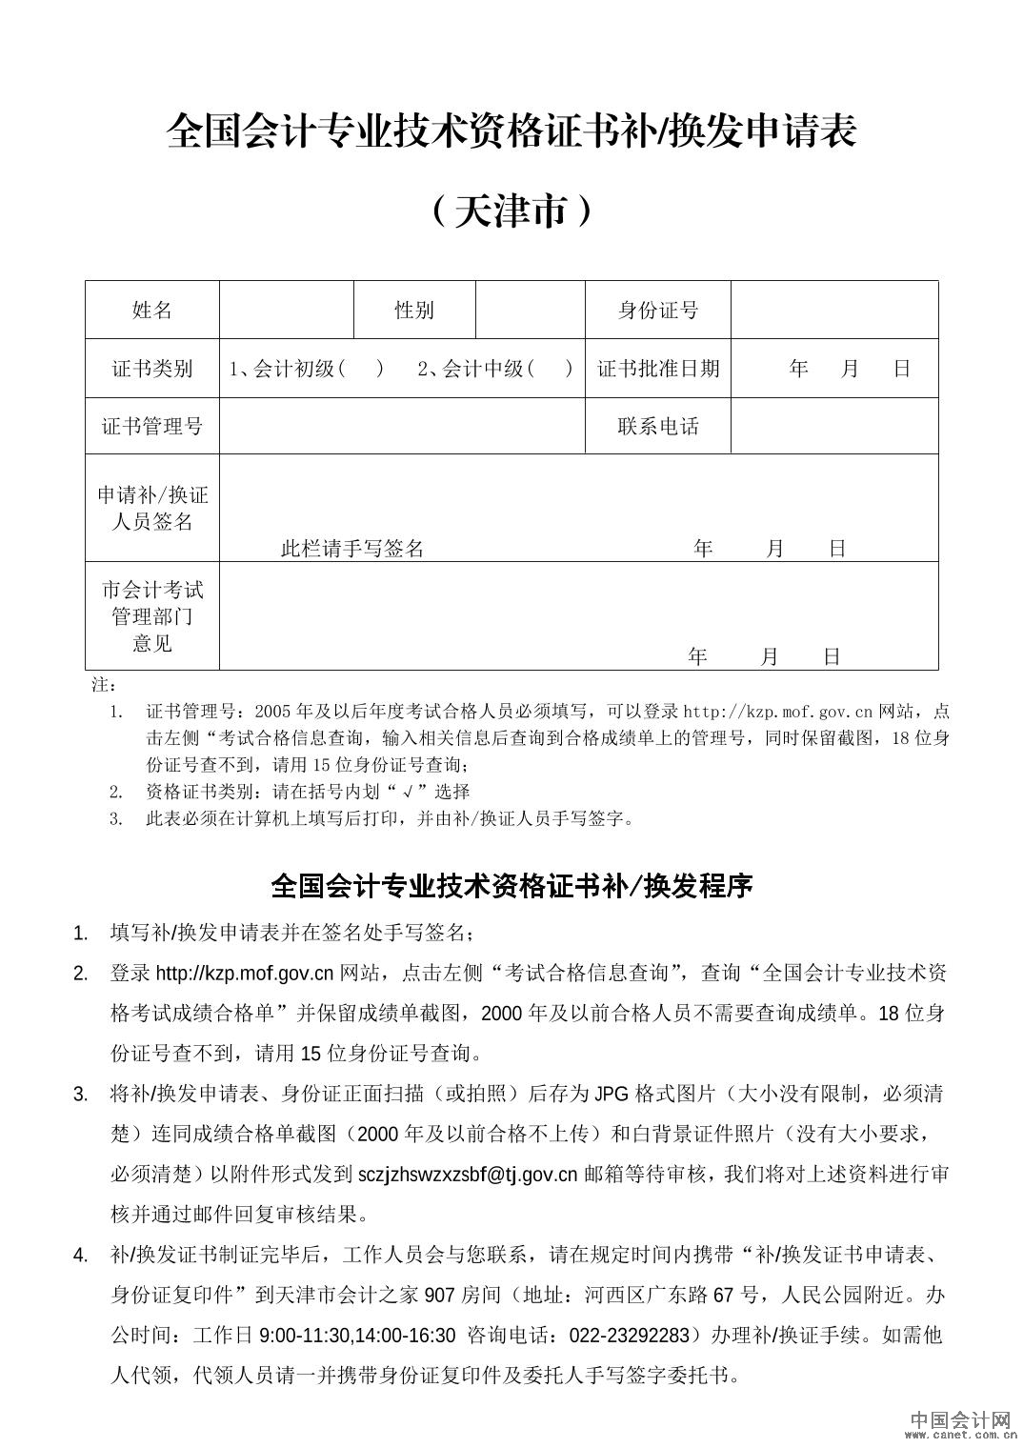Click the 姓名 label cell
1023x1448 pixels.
152,310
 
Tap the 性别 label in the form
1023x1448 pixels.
414,310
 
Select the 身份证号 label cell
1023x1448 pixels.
657,310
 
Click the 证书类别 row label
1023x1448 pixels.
152,369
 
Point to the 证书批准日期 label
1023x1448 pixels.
658,369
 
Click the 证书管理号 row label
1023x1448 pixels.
152,425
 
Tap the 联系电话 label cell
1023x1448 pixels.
657,426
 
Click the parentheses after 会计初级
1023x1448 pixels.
361,369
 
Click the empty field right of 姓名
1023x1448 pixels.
287,310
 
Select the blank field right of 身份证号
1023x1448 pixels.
834,310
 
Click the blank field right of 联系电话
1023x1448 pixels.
834,426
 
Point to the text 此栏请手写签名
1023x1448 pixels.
352,549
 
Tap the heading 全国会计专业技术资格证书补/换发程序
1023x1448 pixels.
511,886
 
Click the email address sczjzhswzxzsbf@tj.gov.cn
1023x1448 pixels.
468,1175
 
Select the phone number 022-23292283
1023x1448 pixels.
632,1335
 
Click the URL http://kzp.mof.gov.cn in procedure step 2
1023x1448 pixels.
245,974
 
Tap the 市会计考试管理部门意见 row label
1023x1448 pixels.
152,616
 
